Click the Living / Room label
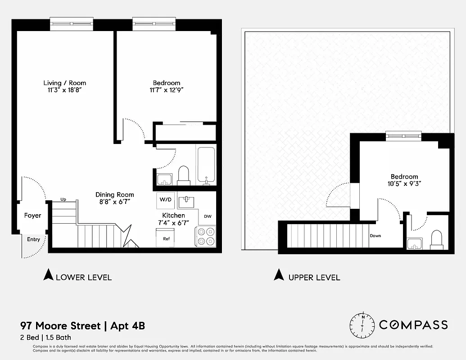point(64,83)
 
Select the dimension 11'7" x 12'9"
point(166,90)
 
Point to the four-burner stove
point(205,236)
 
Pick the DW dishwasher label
point(208,216)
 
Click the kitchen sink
point(186,201)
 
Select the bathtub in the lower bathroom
point(206,165)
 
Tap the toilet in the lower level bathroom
point(183,175)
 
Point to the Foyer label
point(32,216)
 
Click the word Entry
point(33,239)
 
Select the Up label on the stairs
point(63,199)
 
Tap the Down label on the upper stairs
point(376,236)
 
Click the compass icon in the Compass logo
point(363,324)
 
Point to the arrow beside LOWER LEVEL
point(48,275)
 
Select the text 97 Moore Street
point(60,326)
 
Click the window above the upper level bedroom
point(403,135)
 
